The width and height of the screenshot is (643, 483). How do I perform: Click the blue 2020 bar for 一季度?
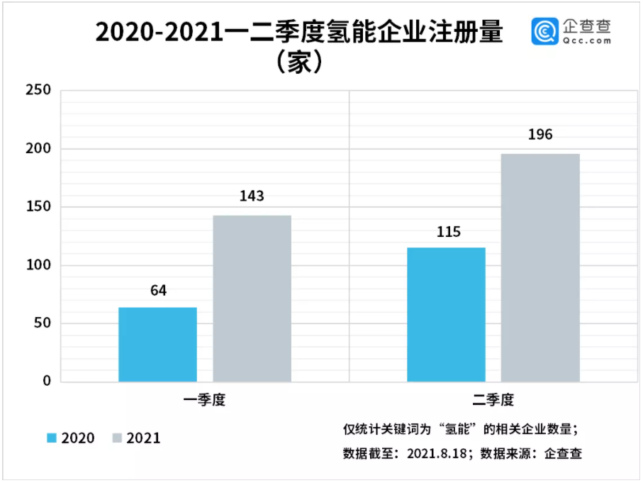coord(157,345)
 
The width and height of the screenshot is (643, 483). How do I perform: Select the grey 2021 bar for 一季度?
coord(252,299)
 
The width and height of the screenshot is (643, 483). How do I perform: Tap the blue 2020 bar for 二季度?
coord(446,315)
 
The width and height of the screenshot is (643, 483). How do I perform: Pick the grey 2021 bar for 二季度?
coord(540,268)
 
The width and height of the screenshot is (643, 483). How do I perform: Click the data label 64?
coord(157,291)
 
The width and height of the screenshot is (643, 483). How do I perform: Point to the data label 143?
coord(252,196)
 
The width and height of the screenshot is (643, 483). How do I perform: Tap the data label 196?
coord(540,135)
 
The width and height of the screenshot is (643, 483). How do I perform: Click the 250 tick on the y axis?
coord(38,91)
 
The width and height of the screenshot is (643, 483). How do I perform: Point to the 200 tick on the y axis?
coord(38,149)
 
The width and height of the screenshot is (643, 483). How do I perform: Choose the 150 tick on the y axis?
coord(38,207)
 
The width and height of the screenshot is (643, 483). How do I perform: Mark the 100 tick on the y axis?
coord(38,265)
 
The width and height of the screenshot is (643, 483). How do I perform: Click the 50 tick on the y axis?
coord(42,323)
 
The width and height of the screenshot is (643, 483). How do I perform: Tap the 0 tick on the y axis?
coord(47,382)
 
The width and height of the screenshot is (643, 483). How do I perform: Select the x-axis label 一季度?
coord(204,401)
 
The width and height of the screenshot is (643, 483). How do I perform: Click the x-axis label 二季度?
coord(493,401)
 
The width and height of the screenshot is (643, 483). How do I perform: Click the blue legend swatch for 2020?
coord(52,438)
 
